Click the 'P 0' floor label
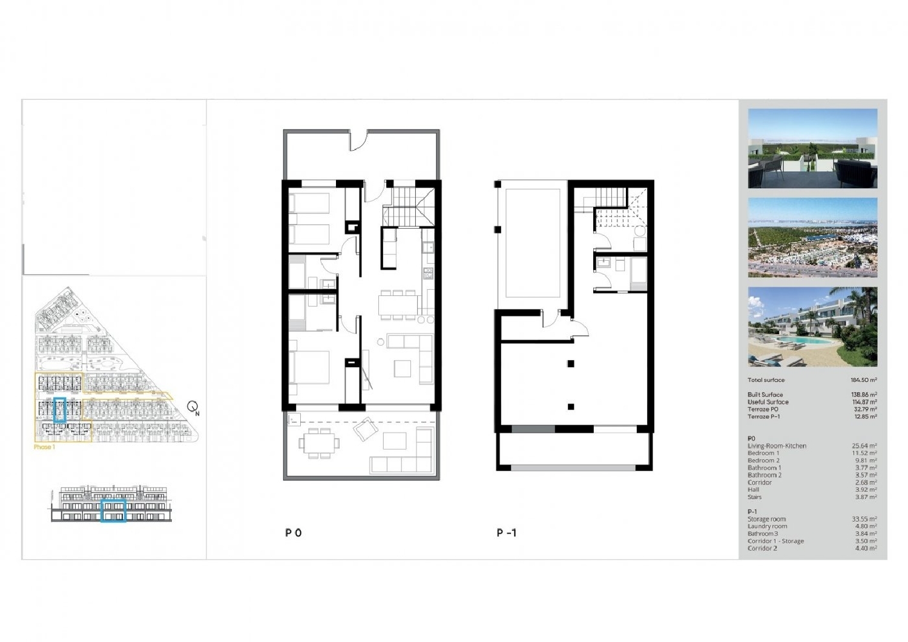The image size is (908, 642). pyautogui.click(x=294, y=532)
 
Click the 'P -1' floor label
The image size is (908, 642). pyautogui.click(x=507, y=532)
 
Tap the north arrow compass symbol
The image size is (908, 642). pyautogui.click(x=193, y=408)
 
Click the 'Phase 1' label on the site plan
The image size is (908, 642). pyautogui.click(x=44, y=447)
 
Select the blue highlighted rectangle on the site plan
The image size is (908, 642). pyautogui.click(x=60, y=410)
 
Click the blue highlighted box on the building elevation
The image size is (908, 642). pyautogui.click(x=113, y=511)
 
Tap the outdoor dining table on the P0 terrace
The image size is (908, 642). pyautogui.click(x=319, y=442)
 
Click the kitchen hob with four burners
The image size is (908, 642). pyautogui.click(x=429, y=274)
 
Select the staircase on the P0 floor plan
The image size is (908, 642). pyautogui.click(x=409, y=206)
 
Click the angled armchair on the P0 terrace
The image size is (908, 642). pyautogui.click(x=365, y=430)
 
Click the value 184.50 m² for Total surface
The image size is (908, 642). pyautogui.click(x=863, y=380)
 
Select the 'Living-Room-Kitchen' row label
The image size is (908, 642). pyautogui.click(x=777, y=446)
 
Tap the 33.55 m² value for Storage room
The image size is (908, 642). pyautogui.click(x=864, y=519)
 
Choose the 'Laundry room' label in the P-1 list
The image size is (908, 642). pyautogui.click(x=767, y=526)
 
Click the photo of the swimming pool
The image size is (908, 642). pyautogui.click(x=812, y=327)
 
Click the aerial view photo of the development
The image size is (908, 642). pyautogui.click(x=812, y=238)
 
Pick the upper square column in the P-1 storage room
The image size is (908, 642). pyautogui.click(x=571, y=364)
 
